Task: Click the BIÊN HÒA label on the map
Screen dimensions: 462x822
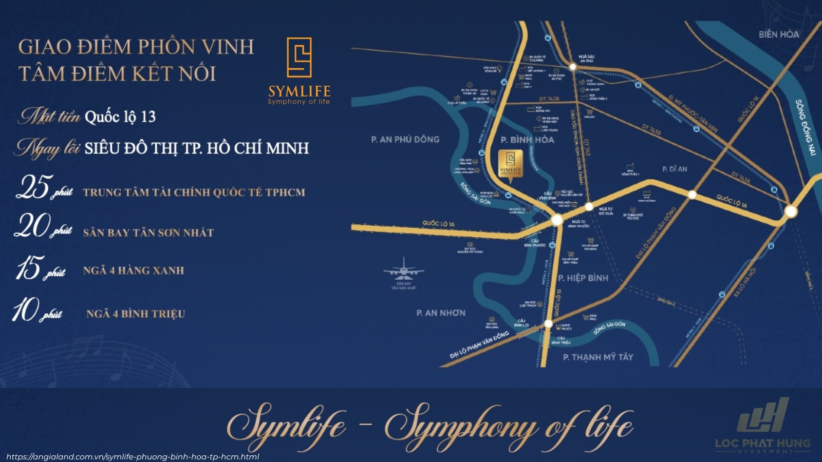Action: coord(778,34)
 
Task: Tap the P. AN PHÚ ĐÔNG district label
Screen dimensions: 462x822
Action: coord(405,139)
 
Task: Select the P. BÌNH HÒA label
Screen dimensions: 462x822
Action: coord(527,140)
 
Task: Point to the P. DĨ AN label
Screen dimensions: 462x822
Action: coord(675,169)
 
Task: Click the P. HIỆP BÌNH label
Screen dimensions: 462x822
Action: coord(583,278)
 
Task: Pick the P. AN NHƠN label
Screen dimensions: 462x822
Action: coord(441,313)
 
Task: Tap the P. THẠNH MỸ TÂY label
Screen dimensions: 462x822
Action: coord(598,357)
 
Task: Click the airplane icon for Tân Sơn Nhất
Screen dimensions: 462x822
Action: coord(404,270)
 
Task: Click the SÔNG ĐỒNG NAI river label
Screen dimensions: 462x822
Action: coord(805,127)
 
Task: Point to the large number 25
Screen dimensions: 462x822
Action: coord(33,187)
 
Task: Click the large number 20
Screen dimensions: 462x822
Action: coord(32,226)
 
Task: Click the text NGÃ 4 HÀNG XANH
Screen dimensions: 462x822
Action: coord(134,271)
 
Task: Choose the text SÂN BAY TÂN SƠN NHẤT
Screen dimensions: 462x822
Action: coord(148,233)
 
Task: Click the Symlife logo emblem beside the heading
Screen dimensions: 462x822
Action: coord(299,57)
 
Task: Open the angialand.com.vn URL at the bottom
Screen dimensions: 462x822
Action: coord(133,456)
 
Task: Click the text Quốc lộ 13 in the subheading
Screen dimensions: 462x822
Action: coord(120,117)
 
